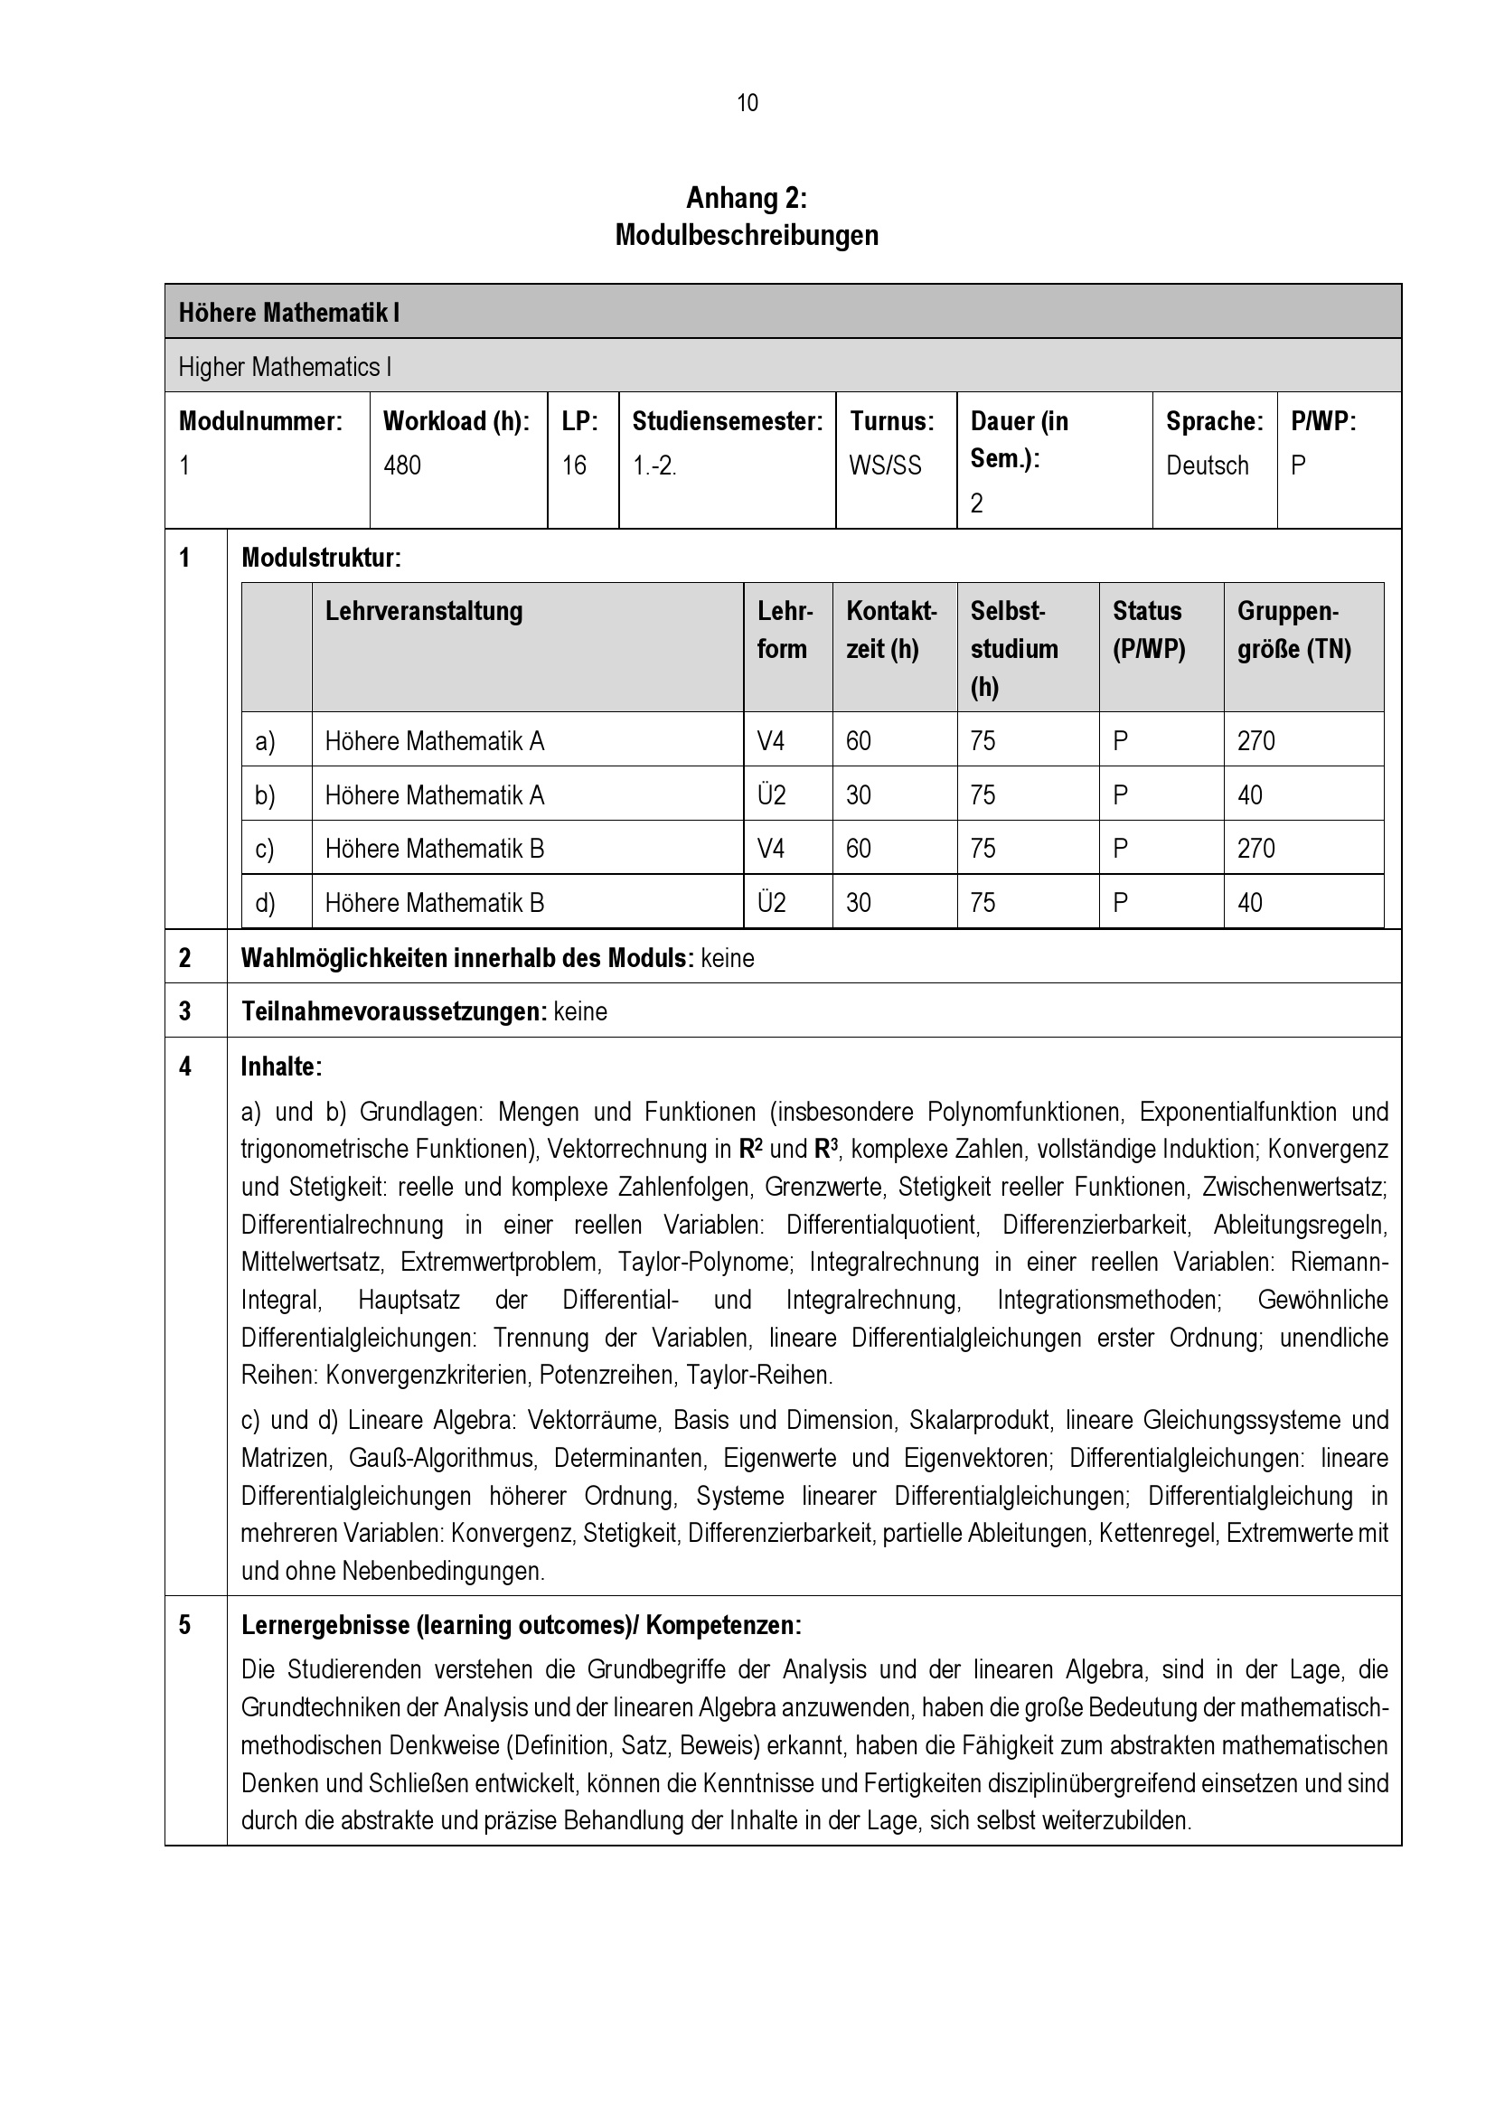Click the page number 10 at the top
[747, 103]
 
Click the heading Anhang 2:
[746, 198]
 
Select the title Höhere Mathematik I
[288, 313]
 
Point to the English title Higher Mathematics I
[285, 367]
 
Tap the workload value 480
[402, 465]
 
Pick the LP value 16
[575, 465]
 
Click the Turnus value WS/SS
[885, 465]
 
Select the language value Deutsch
[1207, 465]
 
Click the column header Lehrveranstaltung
[423, 611]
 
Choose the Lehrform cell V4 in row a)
[771, 741]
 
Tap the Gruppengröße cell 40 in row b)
[1249, 795]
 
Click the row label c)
[265, 849]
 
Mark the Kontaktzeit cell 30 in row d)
[858, 903]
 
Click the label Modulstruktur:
[321, 558]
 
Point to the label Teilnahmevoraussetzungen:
[394, 1012]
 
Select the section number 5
[185, 1625]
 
